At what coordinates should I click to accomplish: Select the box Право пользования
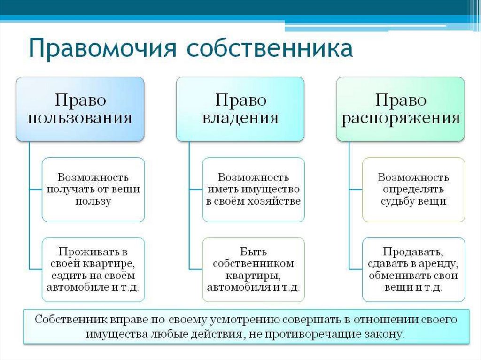coord(80,109)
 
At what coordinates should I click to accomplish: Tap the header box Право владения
coord(240,109)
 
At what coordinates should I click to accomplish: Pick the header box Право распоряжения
coord(400,109)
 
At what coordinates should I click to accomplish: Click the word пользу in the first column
coord(93,201)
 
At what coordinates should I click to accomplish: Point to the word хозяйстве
coord(277,201)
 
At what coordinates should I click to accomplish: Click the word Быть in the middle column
coord(253,253)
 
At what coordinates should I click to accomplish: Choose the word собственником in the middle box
coord(253,264)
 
